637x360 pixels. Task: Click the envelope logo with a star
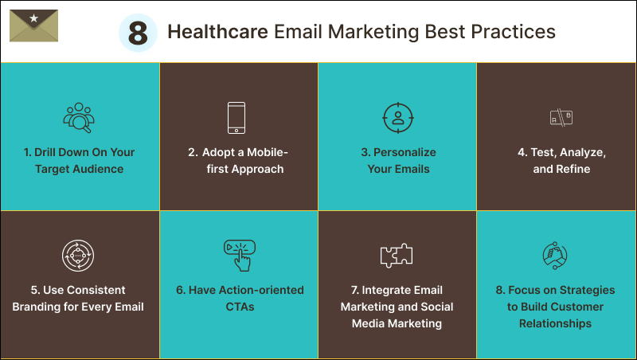pyautogui.click(x=33, y=26)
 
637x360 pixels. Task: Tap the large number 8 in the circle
pyautogui.click(x=139, y=33)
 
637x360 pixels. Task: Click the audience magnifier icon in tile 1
pyautogui.click(x=79, y=118)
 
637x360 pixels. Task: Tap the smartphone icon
pyautogui.click(x=237, y=118)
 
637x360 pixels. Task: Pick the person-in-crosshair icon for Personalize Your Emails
pyautogui.click(x=397, y=118)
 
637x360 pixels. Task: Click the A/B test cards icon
pyautogui.click(x=561, y=118)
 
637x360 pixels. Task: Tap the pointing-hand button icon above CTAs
pyautogui.click(x=239, y=255)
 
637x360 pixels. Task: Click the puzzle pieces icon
pyautogui.click(x=397, y=255)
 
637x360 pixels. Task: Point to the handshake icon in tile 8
pyautogui.click(x=556, y=255)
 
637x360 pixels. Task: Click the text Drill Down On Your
pyautogui.click(x=79, y=152)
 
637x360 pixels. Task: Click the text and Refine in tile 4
pyautogui.click(x=561, y=169)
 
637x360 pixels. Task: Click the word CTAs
pyautogui.click(x=239, y=307)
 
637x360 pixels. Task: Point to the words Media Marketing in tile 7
pyautogui.click(x=397, y=323)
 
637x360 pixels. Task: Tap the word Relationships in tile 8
pyautogui.click(x=555, y=323)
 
